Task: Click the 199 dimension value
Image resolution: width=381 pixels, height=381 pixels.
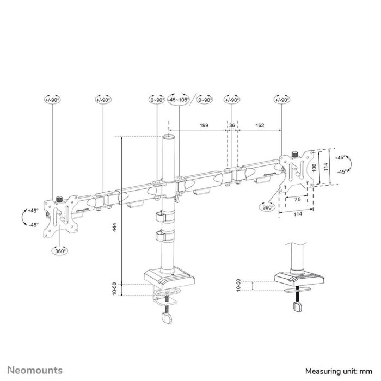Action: click(204, 126)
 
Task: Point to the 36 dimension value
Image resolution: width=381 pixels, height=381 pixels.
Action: click(232, 126)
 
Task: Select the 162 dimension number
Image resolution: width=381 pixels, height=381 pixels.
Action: click(259, 126)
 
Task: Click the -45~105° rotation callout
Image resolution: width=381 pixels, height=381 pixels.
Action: click(178, 100)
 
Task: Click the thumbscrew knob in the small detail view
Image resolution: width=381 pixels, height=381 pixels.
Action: click(298, 308)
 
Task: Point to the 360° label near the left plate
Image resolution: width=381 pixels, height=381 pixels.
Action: click(60, 251)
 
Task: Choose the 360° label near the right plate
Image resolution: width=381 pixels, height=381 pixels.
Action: click(267, 207)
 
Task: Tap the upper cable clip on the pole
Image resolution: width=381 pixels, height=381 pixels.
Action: click(162, 216)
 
